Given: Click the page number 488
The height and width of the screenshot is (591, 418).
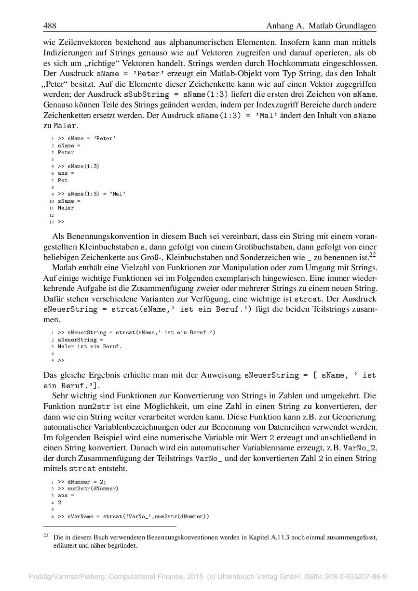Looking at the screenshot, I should tap(50, 26).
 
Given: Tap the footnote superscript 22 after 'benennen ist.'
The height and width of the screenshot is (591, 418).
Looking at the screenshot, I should tap(372, 254).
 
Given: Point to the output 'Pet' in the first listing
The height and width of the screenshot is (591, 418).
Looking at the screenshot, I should tap(63, 180).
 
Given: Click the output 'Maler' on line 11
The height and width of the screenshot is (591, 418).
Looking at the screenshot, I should tap(66, 208).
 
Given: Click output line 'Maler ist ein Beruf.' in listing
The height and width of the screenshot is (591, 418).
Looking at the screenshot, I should tap(90, 346).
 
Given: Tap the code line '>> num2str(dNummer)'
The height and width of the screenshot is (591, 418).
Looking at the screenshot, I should tap(88, 488).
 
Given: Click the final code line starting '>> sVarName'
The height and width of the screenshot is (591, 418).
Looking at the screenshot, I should tap(134, 516).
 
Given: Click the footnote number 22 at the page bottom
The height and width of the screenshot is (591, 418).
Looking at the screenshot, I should tap(46, 536).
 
